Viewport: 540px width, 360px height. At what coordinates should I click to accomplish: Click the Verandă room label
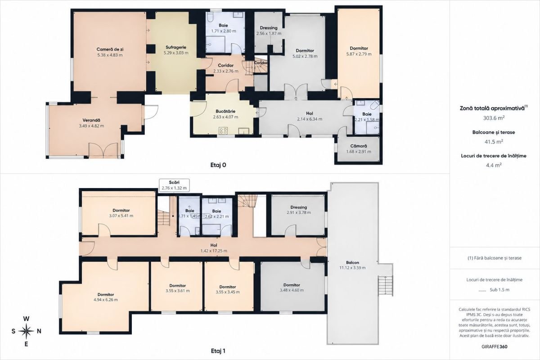[x=91, y=120]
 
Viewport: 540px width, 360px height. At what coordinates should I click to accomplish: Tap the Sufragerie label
[x=176, y=48]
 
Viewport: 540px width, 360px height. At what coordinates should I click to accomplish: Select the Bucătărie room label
[x=225, y=112]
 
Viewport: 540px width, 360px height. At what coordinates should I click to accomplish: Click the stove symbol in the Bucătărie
[x=223, y=130]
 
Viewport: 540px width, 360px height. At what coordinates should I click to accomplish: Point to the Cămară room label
[x=359, y=146]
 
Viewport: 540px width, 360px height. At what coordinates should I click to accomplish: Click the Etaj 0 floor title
[x=218, y=165]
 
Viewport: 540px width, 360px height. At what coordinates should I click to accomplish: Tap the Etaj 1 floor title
[x=218, y=351]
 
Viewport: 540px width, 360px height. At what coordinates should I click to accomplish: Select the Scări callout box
[x=174, y=185]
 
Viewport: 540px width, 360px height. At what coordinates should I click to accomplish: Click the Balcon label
[x=352, y=263]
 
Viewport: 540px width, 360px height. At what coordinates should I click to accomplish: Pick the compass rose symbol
[x=26, y=331]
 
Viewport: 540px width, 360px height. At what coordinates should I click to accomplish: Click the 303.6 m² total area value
[x=494, y=118]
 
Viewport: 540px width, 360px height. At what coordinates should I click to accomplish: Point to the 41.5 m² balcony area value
[x=494, y=142]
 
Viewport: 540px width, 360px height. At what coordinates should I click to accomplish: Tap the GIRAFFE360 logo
[x=494, y=347]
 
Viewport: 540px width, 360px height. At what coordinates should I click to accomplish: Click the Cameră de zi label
[x=110, y=49]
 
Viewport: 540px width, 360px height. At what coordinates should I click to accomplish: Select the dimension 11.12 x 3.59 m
[x=352, y=268]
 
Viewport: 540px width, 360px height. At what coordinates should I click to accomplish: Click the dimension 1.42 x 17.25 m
[x=214, y=251]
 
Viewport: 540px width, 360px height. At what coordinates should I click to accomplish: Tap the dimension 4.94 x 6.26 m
[x=106, y=300]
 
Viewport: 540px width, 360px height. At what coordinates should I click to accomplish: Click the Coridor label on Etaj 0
[x=225, y=66]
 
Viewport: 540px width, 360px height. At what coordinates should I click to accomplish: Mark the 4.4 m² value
[x=494, y=166]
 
